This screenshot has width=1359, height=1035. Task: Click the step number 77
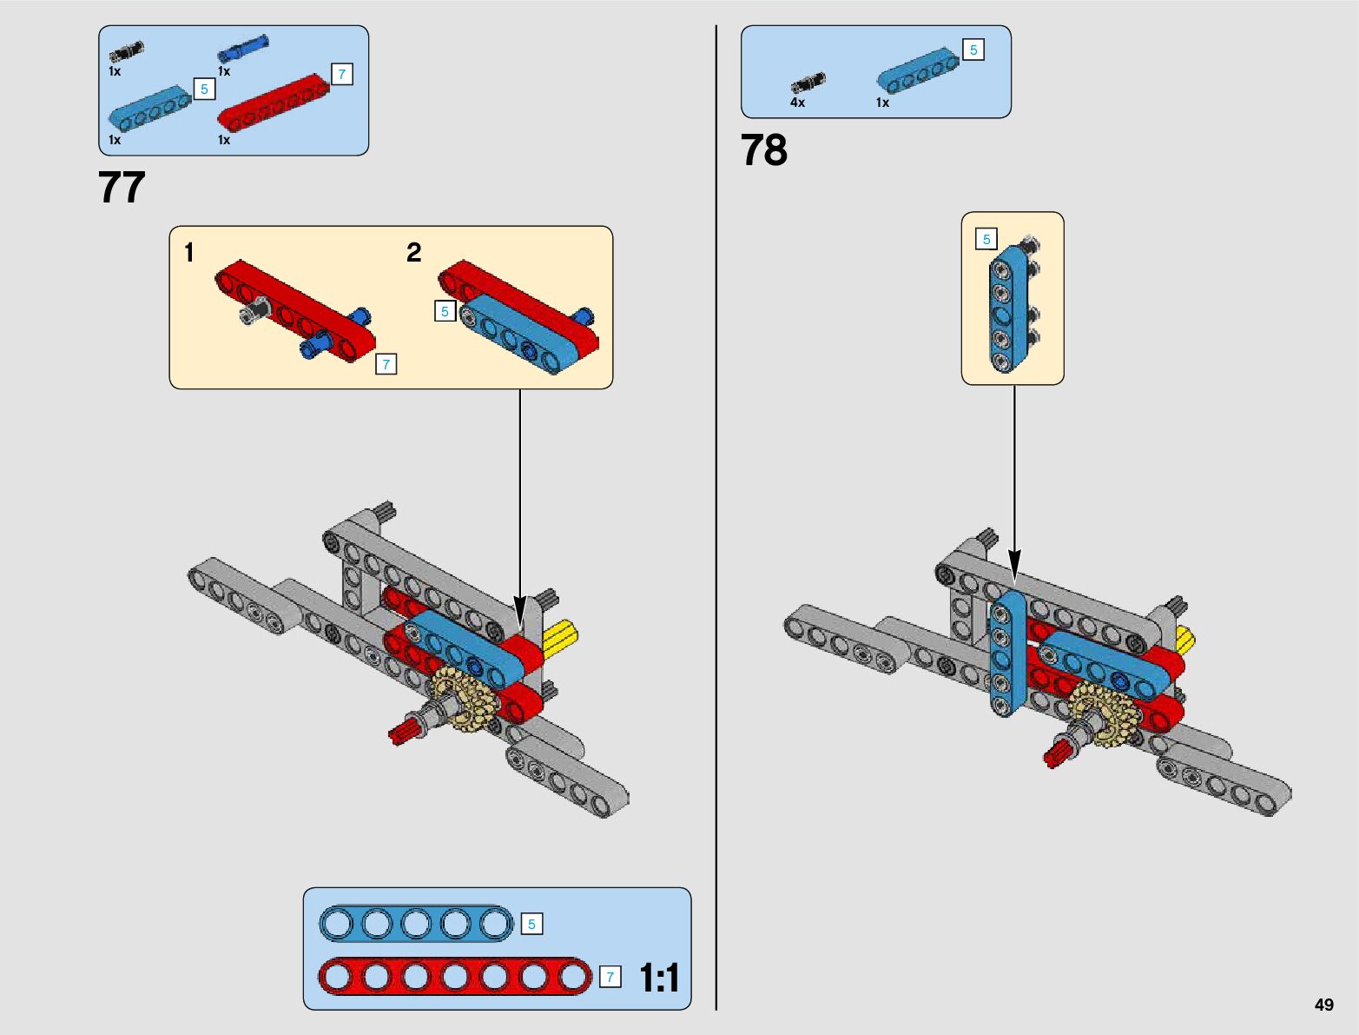[x=122, y=187]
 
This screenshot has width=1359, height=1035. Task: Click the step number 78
[x=764, y=149]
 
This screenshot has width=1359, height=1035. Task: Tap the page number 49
[x=1323, y=1004]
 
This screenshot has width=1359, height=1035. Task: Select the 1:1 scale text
[x=659, y=978]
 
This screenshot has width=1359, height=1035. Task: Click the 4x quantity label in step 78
[x=797, y=103]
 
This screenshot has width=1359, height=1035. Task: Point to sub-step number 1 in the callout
[x=188, y=252]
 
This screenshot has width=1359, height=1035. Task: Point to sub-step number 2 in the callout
[x=413, y=252]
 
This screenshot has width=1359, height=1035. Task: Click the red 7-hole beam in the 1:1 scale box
[x=455, y=977]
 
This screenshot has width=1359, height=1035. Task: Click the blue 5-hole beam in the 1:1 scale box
[x=416, y=924]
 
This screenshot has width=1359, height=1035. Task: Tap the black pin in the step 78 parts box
[x=808, y=83]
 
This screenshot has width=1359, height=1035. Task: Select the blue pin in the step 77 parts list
[x=243, y=49]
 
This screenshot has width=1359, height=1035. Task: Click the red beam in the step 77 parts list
[x=273, y=103]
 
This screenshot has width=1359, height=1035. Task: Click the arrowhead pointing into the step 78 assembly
[x=1014, y=566]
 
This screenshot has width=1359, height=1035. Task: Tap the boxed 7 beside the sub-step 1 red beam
[x=386, y=364]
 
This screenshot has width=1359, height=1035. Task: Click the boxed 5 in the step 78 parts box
[x=973, y=50]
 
